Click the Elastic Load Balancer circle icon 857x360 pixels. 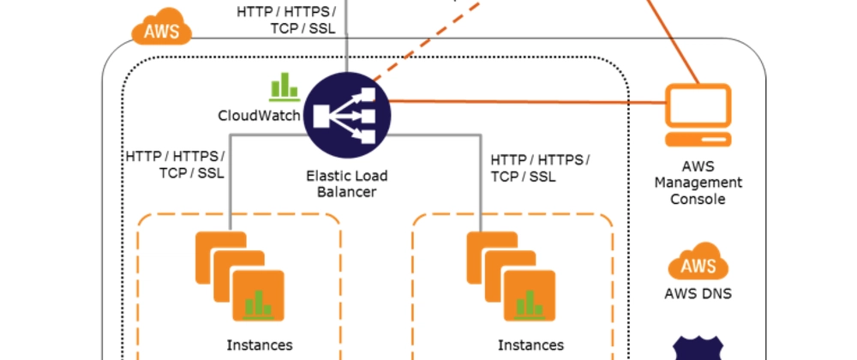tap(347, 114)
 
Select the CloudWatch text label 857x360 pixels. tap(260, 114)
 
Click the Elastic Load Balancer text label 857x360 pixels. tap(347, 183)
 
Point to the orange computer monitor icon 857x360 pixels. tap(698, 117)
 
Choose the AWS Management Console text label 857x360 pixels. tap(698, 183)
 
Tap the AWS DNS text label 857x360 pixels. tap(698, 294)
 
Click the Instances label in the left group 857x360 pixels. tap(260, 345)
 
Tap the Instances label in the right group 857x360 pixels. tap(531, 345)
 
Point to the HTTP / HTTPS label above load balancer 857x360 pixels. tap(287, 20)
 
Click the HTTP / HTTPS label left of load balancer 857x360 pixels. tap(175, 165)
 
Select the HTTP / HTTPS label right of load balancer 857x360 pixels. tap(540, 168)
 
